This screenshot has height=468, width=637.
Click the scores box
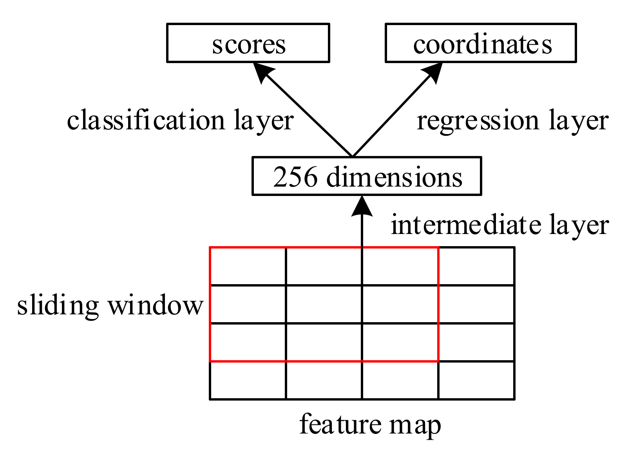point(248,43)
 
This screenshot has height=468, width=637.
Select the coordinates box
point(481,43)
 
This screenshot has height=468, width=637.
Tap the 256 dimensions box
point(367,176)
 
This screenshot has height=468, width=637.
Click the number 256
point(295,177)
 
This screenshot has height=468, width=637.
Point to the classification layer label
point(180,121)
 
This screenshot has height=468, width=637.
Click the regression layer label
point(512,121)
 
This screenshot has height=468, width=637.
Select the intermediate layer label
point(499,225)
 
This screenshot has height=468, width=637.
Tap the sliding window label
point(110,306)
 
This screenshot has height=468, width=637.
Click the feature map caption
point(370,425)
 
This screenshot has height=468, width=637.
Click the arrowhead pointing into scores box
point(262,73)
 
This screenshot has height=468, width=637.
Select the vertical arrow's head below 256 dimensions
point(362,206)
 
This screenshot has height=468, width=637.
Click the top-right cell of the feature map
point(476,266)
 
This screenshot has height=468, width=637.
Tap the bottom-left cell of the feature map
point(248,380)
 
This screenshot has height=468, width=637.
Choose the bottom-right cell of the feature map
point(476,380)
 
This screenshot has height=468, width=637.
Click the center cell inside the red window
point(324,304)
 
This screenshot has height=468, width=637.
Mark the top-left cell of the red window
point(248,266)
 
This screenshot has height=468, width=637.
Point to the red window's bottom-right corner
point(438,361)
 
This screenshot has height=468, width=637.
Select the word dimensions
point(394,177)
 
